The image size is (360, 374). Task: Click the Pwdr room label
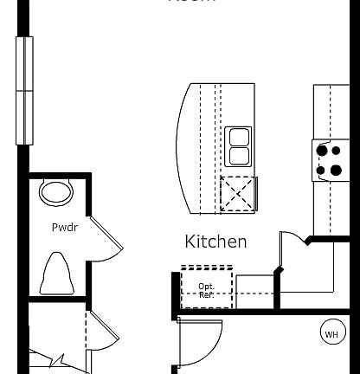(x=61, y=228)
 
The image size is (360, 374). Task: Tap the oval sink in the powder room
(x=56, y=191)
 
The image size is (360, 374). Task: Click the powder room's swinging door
(x=106, y=239)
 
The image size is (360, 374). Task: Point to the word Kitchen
(x=215, y=242)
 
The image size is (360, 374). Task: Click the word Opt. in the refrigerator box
(x=206, y=286)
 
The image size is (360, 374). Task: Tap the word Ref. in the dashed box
(x=206, y=295)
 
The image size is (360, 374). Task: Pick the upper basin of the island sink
(x=239, y=137)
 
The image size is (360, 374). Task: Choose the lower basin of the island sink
(x=239, y=157)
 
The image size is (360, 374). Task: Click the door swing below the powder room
(x=100, y=333)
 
